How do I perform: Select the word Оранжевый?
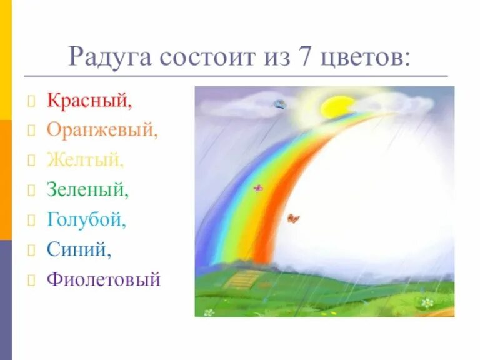[102, 131]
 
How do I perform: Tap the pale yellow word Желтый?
[86, 160]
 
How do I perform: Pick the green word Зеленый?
[87, 189]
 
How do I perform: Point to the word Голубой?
[86, 219]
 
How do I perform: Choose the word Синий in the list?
[79, 249]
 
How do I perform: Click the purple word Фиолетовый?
[104, 279]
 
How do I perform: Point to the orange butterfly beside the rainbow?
[293, 218]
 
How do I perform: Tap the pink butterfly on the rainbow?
[257, 187]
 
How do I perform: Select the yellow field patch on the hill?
[242, 279]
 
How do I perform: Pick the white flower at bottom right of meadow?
[427, 302]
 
